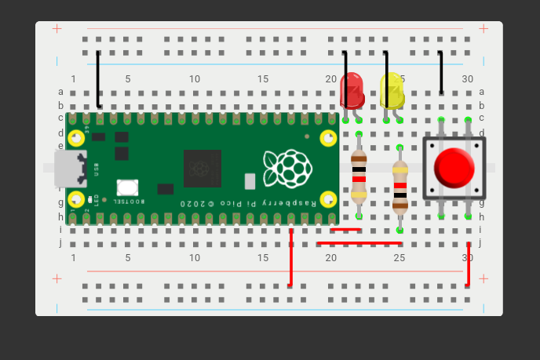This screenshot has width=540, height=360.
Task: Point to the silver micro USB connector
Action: pyautogui.click(x=69, y=169)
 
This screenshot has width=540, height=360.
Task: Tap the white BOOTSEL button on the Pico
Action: pyautogui.click(x=127, y=187)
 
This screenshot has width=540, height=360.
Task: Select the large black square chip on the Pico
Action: pyautogui.click(x=202, y=169)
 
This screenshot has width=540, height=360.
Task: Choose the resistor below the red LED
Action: pyautogui.click(x=359, y=175)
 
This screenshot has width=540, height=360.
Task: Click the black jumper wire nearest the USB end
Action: pyautogui.click(x=98, y=78)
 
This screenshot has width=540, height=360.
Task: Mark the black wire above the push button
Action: pyautogui.click(x=440, y=71)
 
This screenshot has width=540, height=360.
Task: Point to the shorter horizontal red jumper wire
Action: pyautogui.click(x=346, y=230)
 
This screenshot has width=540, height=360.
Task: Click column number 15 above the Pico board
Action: pyautogui.click(x=263, y=79)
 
